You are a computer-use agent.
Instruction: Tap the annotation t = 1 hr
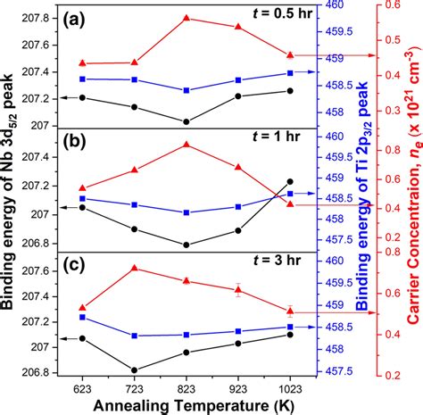tap(267, 142)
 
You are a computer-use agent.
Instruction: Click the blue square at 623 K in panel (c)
tap(82, 317)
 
